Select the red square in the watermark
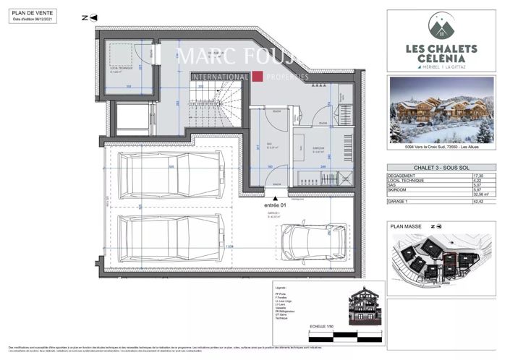(256, 76)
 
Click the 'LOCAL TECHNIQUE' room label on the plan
(119, 69)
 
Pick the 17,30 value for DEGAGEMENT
(477, 176)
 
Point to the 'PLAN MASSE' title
(406, 226)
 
